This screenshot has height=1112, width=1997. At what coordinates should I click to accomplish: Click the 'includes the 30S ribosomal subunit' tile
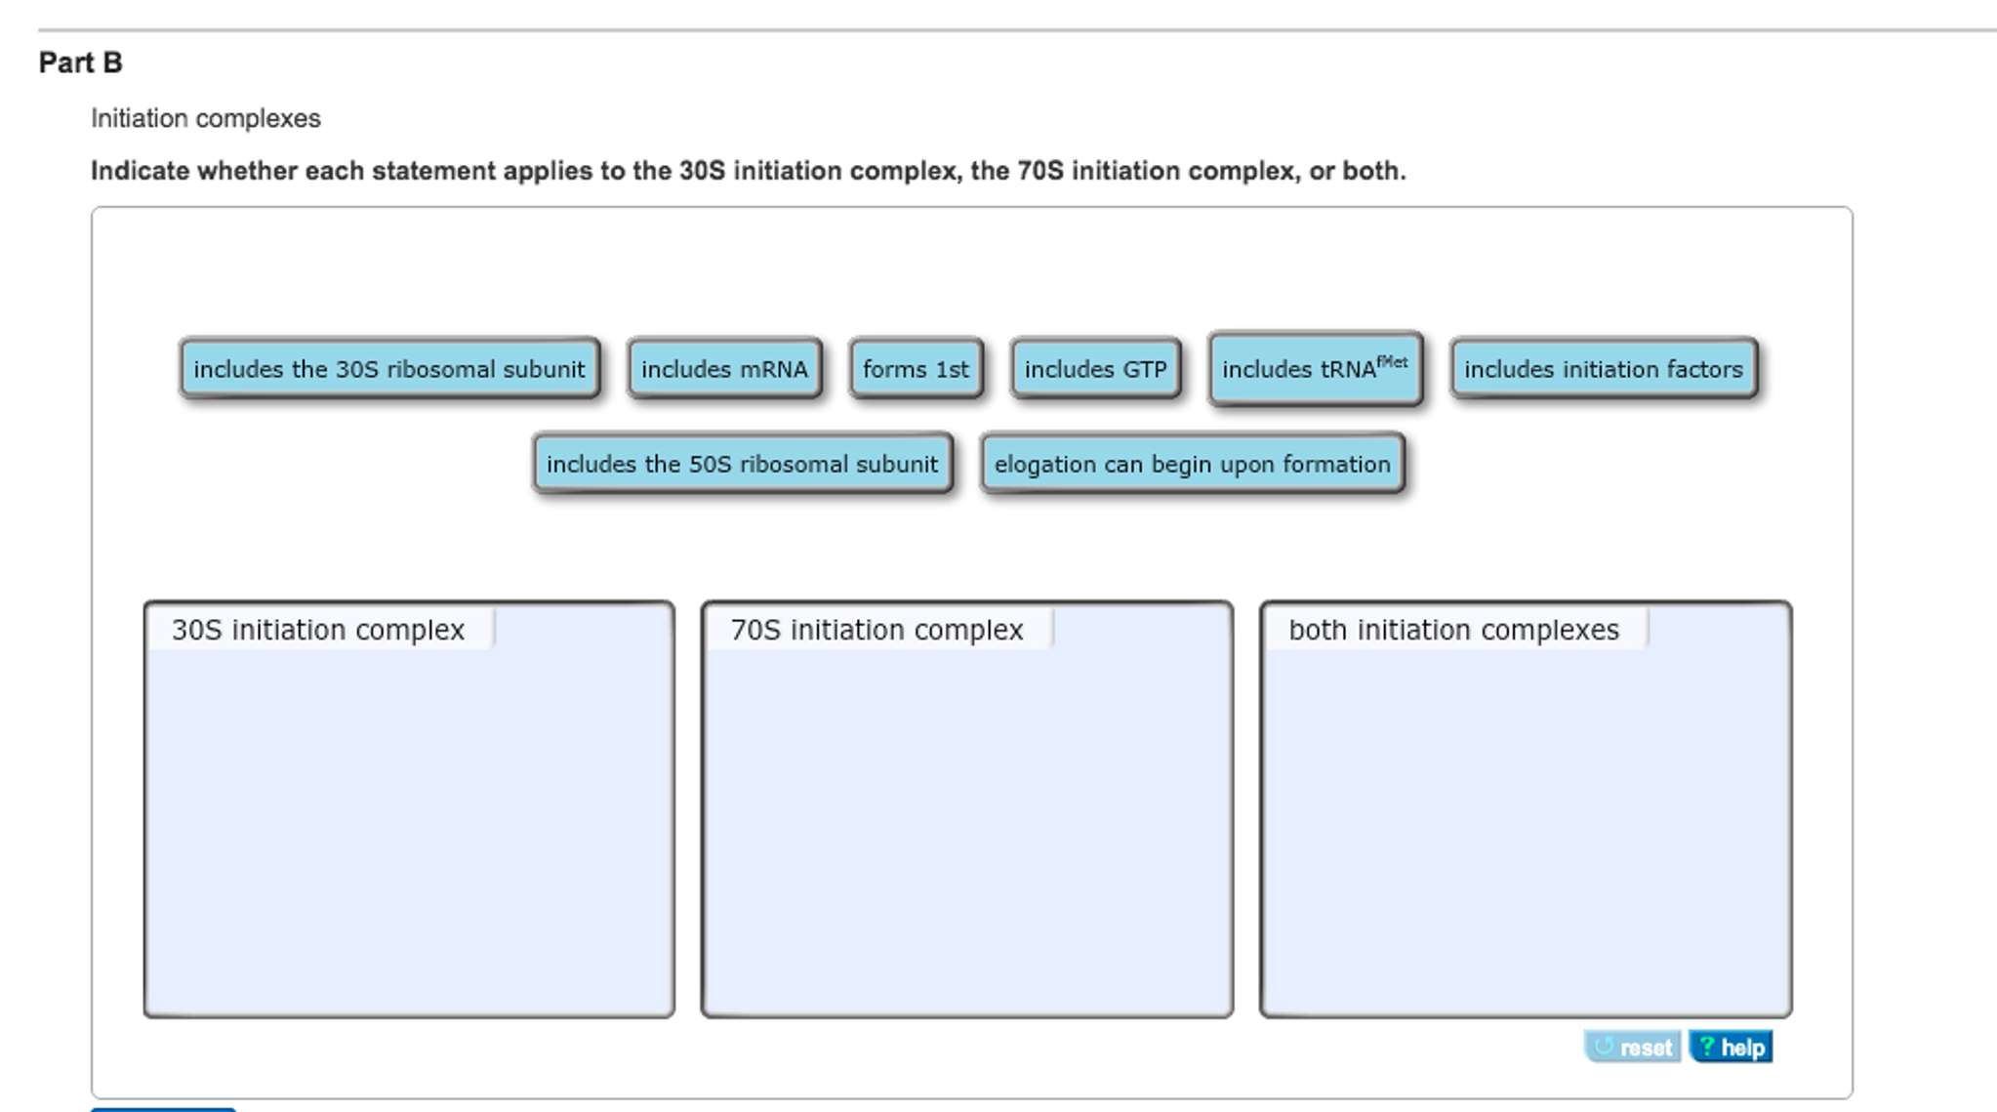pos(389,369)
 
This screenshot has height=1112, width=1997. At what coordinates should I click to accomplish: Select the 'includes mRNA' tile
pos(724,369)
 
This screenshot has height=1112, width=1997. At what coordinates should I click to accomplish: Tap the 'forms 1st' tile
pos(916,369)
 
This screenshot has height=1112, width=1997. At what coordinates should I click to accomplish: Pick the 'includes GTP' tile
pos(1095,369)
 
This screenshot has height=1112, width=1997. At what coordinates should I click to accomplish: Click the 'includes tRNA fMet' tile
pos(1315,368)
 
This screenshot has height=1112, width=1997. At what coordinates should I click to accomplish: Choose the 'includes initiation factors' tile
pos(1603,369)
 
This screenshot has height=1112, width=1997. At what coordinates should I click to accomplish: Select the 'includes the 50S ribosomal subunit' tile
pos(742,464)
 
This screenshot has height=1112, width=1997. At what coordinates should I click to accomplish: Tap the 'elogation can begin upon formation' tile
pos(1192,464)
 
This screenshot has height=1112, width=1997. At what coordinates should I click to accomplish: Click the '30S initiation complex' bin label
pos(318,630)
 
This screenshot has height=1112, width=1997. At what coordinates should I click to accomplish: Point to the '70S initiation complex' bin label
pos(876,630)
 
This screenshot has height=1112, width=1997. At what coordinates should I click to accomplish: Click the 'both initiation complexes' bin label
pos(1453,630)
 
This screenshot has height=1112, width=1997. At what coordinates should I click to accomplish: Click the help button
pos(1731,1047)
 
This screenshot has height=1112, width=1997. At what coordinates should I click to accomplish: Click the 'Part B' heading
pos(80,62)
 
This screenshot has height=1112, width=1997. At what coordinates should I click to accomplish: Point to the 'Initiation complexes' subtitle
pos(206,118)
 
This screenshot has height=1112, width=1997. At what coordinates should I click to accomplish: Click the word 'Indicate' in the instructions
pos(141,171)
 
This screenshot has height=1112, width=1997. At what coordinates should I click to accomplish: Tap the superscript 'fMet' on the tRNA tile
pos(1393,361)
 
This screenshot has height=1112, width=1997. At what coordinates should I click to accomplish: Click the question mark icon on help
pos(1706,1047)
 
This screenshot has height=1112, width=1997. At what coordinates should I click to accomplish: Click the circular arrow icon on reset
pos(1603,1047)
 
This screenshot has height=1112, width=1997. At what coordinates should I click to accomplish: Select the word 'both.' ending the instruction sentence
pos(1374,171)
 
